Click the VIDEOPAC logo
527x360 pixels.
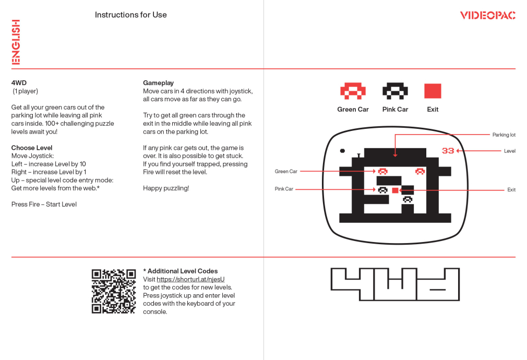coord(487,15)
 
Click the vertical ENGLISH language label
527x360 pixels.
coord(16,42)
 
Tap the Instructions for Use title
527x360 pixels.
coord(131,15)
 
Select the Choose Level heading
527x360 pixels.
coord(32,148)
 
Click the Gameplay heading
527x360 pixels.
coord(158,82)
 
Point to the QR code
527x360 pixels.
coord(114,291)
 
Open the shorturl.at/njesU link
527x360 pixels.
coord(190,279)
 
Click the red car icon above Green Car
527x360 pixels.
coord(353,91)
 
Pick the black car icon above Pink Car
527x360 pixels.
coord(396,91)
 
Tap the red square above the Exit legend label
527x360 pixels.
coord(433,91)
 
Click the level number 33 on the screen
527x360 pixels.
coord(448,151)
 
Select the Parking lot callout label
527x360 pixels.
coord(504,135)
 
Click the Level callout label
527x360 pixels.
coord(510,151)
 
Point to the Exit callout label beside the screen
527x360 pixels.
coord(511,190)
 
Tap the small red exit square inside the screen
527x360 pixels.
coord(396,190)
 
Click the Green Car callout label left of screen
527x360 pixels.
coord(286,172)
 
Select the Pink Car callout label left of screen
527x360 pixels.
coord(284,189)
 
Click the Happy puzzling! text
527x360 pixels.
coord(166,188)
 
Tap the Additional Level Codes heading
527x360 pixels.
coord(180,271)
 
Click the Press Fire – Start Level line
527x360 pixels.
coord(44,205)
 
